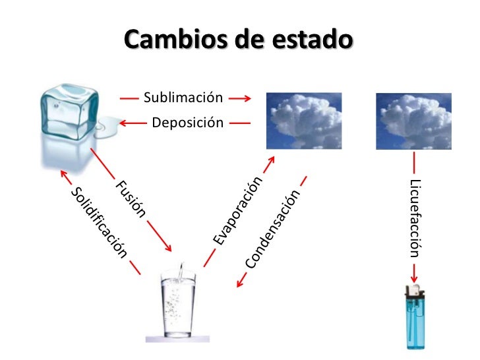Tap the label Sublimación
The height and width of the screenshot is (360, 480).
pos(183,99)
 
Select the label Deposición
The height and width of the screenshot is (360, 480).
pos(187,122)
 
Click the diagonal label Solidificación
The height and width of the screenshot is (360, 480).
pos(98,222)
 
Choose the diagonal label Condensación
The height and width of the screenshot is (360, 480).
pos(273,229)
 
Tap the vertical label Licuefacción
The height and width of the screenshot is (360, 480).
pos(414,218)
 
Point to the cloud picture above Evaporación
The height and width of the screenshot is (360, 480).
pos(304,121)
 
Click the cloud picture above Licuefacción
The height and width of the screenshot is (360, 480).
pos(413,121)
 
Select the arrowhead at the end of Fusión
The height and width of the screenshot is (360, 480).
pos(169,249)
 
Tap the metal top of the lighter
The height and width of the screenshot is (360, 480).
pos(413,290)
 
